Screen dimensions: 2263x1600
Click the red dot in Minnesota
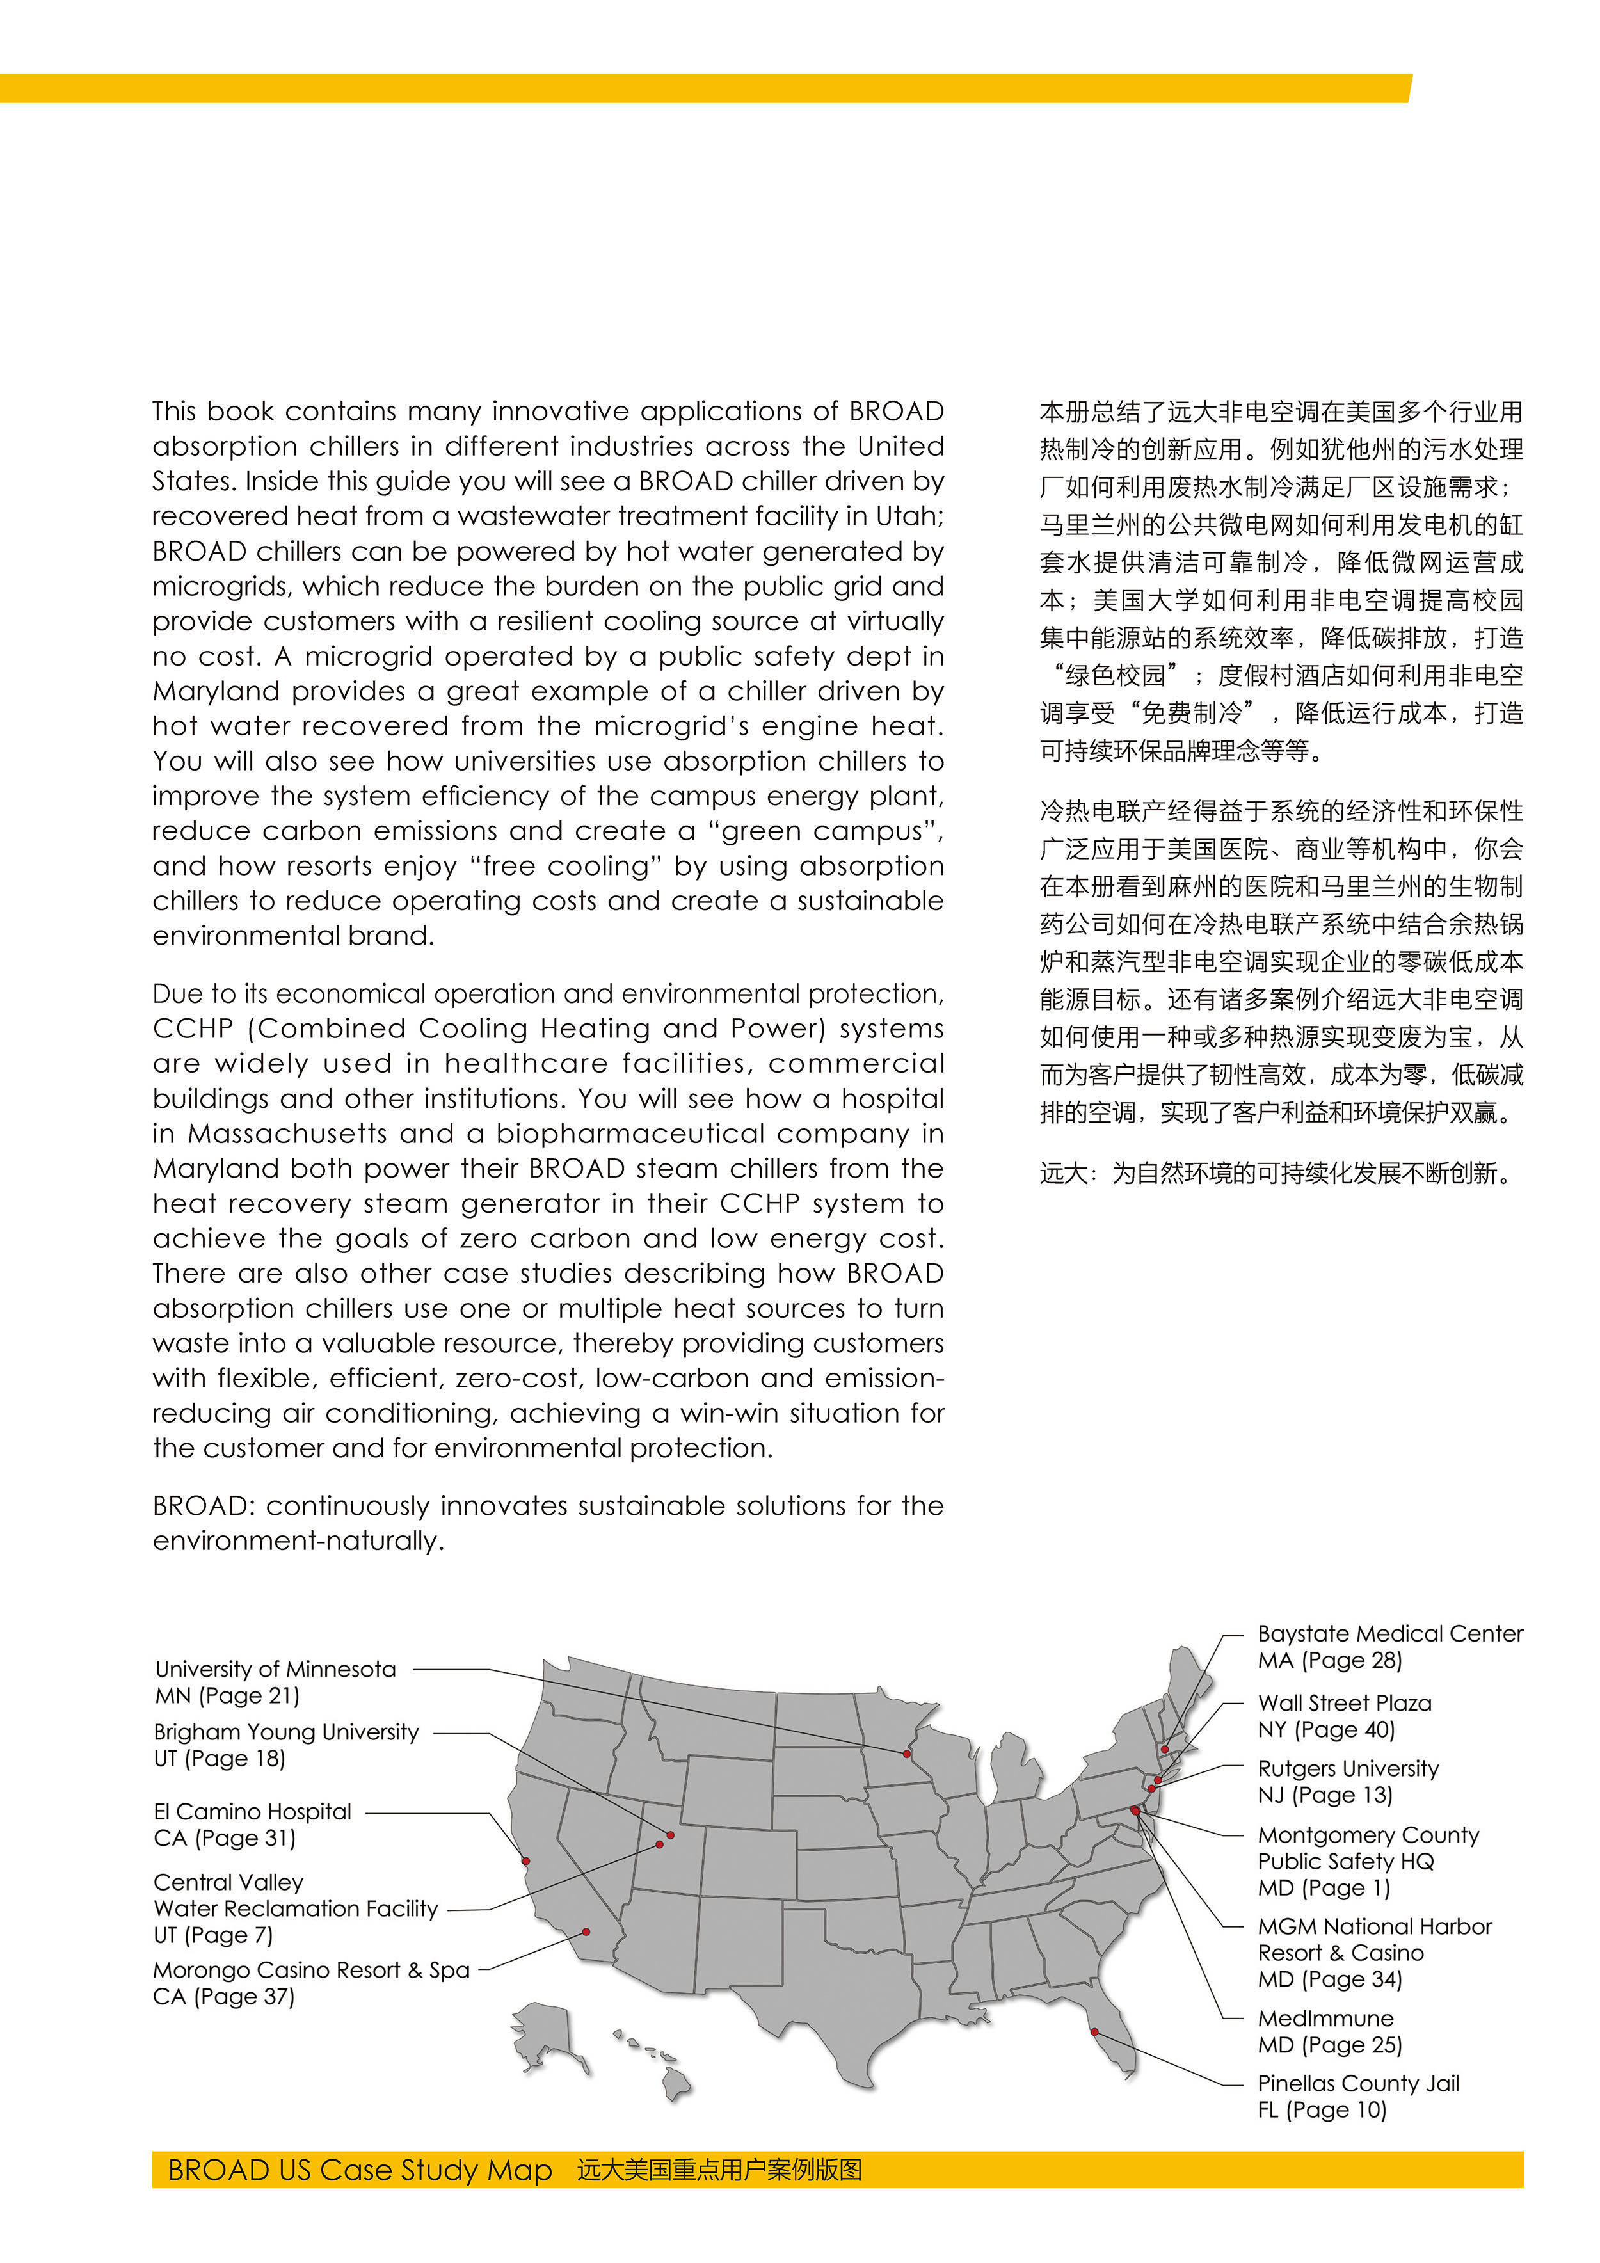coord(907,1754)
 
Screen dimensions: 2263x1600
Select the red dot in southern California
coord(587,1933)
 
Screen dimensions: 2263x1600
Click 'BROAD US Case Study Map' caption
coord(360,2170)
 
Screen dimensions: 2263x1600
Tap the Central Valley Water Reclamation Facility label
coord(295,1909)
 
